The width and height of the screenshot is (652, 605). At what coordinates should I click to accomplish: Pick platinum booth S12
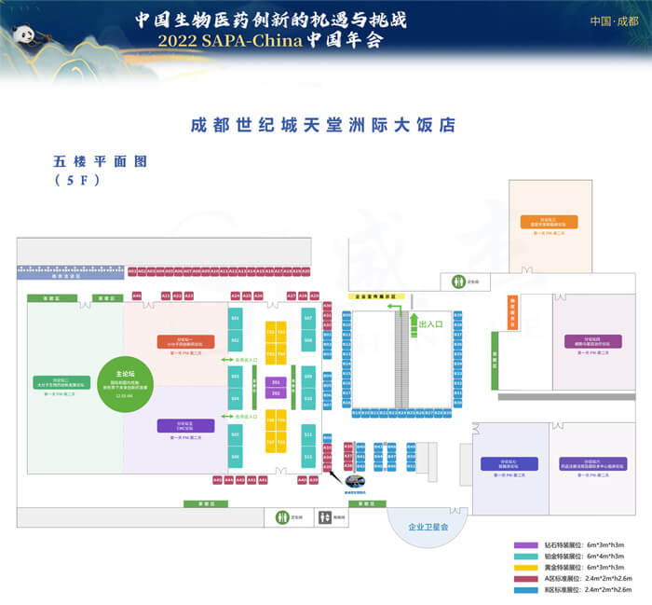[x=308, y=457]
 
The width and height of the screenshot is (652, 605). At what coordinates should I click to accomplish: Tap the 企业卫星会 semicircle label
[x=428, y=528]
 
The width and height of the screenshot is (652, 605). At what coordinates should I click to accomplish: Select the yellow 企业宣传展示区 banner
[x=376, y=296]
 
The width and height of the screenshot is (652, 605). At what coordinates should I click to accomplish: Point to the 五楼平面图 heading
[x=102, y=161]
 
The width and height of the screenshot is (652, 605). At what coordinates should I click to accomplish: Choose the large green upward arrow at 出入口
[x=411, y=322]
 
